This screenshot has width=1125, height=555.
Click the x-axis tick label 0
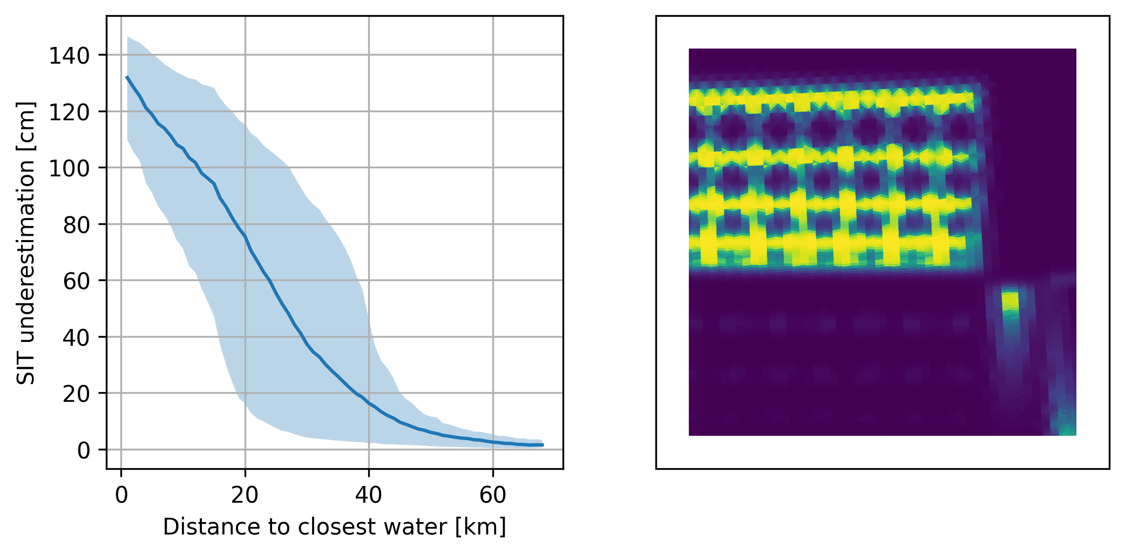[x=121, y=495]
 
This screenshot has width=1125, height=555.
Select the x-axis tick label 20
[x=245, y=495]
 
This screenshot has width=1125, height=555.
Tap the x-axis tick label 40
[x=369, y=495]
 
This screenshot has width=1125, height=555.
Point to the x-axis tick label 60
[x=493, y=495]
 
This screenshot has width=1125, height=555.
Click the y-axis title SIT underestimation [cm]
[x=26, y=243]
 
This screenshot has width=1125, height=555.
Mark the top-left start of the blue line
[x=127, y=77]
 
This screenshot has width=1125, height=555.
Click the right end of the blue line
[x=543, y=445]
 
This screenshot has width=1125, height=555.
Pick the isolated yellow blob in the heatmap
[x=1010, y=300]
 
